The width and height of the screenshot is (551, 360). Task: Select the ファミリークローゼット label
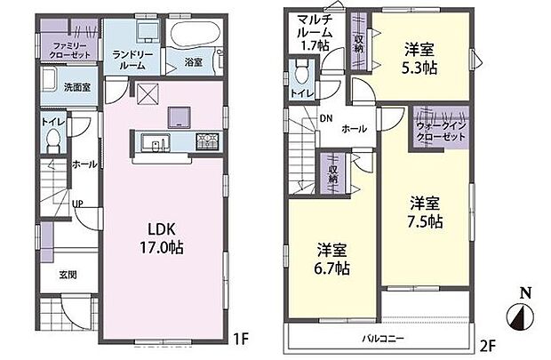coord(70,50)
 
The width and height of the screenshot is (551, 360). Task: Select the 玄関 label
coord(67,275)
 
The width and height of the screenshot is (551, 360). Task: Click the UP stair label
coord(78,204)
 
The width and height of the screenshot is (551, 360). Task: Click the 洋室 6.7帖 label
coord(333,257)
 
